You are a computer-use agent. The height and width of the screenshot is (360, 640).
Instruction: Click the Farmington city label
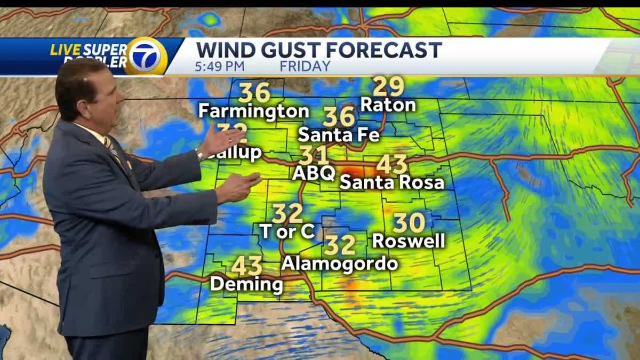pos(253,111)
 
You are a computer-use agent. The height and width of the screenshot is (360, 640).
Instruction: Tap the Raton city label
pos(388,105)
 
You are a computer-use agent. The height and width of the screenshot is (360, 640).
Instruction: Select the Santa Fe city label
pos(339,134)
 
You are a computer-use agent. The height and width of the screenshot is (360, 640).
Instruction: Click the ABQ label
pos(314,173)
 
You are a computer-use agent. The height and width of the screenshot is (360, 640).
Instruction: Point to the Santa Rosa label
pos(392,182)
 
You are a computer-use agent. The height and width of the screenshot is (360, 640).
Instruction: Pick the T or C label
pos(287,231)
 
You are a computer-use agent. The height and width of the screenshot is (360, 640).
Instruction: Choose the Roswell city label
pos(409,241)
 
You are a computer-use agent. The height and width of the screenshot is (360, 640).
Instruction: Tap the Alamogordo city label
pos(340,263)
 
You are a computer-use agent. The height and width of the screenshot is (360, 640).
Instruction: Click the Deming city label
pos(246,284)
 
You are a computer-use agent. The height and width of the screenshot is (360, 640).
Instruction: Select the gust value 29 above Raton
pos(388,86)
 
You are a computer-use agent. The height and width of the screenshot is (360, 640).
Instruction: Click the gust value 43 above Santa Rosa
pos(392,165)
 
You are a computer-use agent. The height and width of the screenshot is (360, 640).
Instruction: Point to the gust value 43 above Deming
pos(247,266)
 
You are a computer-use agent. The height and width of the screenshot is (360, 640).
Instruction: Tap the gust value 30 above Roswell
pos(409,223)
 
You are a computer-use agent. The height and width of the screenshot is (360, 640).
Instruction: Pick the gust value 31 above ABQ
pos(314,155)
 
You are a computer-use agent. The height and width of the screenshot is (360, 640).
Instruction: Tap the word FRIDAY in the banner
pos(305,67)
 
